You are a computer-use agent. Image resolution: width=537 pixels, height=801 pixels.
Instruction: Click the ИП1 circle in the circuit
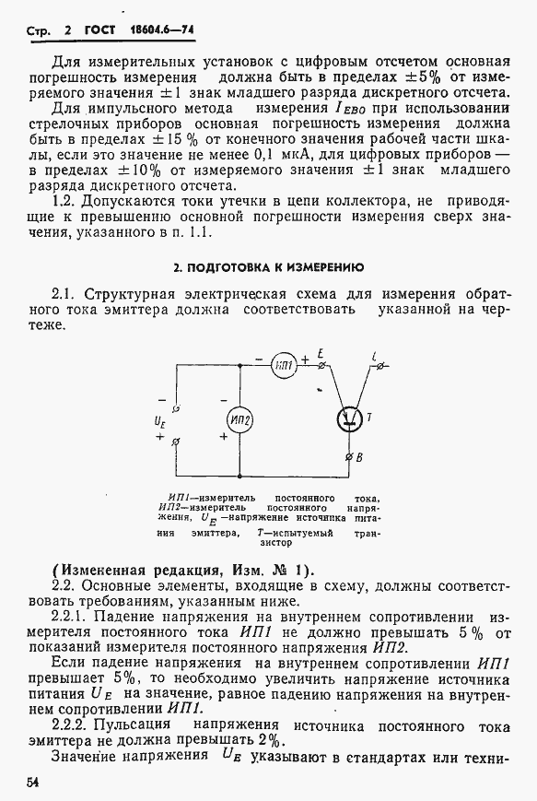[x=284, y=365]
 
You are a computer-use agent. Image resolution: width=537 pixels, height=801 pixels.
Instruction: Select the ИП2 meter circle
[x=240, y=419]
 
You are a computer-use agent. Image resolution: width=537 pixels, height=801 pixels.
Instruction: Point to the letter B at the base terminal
[x=359, y=457]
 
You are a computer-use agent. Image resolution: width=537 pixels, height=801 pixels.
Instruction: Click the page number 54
[x=35, y=783]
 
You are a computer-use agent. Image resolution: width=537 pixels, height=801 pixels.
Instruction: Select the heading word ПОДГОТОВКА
[x=231, y=268]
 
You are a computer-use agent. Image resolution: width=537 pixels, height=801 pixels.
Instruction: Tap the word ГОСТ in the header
[x=99, y=29]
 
